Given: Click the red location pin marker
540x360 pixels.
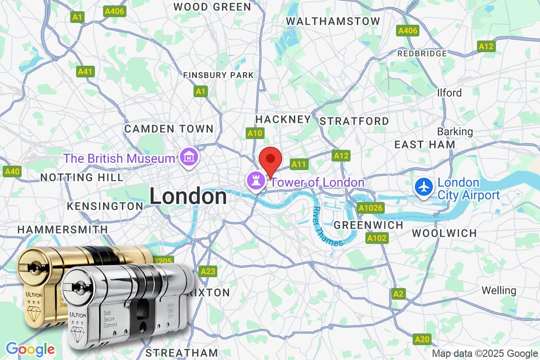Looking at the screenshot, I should [270, 159].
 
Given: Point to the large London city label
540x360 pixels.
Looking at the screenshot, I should [188, 197].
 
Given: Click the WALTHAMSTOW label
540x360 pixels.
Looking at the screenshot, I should [333, 21].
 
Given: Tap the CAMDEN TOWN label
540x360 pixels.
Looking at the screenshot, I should [169, 129].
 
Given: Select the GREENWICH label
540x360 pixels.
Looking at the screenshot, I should [369, 225].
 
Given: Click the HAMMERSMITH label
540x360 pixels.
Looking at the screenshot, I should [63, 229].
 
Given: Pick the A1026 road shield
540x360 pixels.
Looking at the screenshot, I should [370, 208].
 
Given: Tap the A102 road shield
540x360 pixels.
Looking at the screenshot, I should [377, 238].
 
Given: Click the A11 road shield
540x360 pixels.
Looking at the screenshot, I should [299, 165].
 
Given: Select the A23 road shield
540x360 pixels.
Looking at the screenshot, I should [208, 271].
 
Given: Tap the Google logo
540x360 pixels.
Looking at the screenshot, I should [30, 349].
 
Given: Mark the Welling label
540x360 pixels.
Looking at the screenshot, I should [499, 290].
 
